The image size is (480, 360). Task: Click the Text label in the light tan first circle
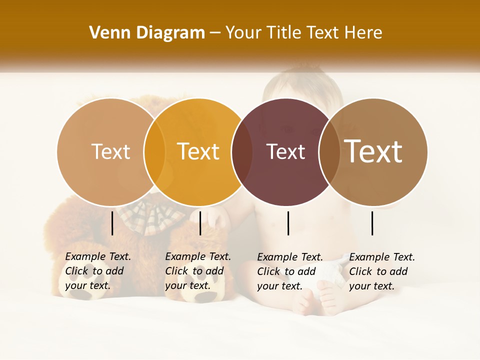tap(110, 151)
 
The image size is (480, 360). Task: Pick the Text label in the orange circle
tap(198, 151)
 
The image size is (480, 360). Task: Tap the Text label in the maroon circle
tap(285, 152)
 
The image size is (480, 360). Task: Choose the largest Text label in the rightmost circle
tap(373, 151)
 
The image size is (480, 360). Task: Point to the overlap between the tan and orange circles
tap(154, 152)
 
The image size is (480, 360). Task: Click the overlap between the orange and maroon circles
tap(242, 152)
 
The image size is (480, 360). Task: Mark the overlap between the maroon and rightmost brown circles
tap(329, 152)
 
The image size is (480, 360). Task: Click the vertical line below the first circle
tap(112, 223)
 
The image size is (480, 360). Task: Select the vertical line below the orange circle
tap(200, 223)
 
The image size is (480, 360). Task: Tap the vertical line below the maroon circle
tap(288, 223)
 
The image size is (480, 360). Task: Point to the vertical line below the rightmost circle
tap(372, 223)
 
